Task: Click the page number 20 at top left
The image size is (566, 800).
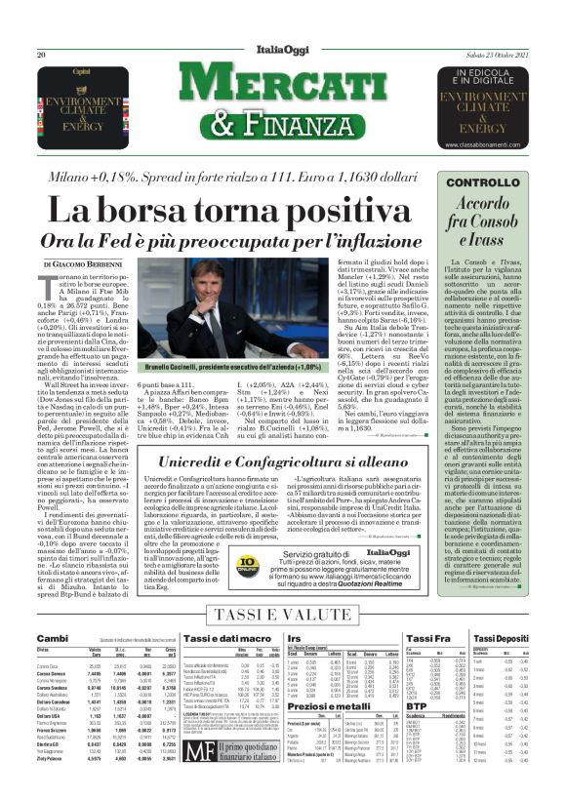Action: click(x=42, y=56)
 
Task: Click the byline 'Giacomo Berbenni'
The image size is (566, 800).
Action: click(x=92, y=265)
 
